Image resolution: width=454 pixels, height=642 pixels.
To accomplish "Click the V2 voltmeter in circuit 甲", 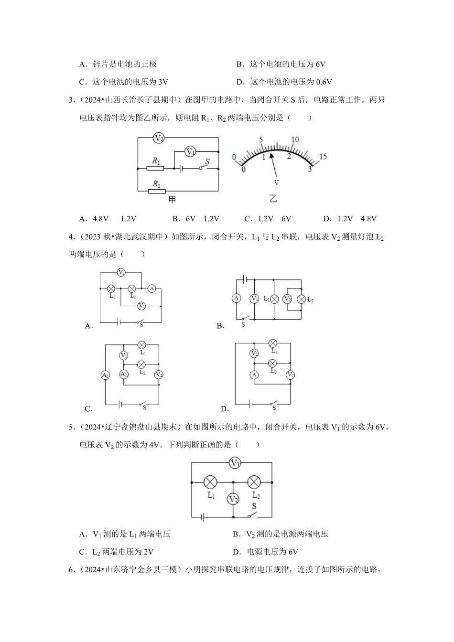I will pyautogui.click(x=159, y=138).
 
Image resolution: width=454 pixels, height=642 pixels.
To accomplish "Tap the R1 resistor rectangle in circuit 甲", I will pyautogui.click(x=156, y=168).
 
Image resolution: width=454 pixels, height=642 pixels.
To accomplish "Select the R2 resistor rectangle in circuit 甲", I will pyautogui.click(x=156, y=191).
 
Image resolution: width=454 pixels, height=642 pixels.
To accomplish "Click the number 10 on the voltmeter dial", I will pyautogui.click(x=295, y=139).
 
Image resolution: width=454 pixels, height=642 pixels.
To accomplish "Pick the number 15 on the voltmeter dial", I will pyautogui.click(x=323, y=157).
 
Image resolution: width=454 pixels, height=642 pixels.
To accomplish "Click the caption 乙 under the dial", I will pyautogui.click(x=273, y=199).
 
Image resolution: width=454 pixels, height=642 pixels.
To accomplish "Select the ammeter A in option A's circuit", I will pyautogui.click(x=152, y=289).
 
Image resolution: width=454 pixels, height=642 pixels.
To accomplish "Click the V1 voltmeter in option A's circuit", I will pyautogui.click(x=141, y=306).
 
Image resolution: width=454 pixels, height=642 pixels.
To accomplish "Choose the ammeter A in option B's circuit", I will pyautogui.click(x=236, y=298).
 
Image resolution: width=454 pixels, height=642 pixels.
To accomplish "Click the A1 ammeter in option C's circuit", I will pyautogui.click(x=105, y=375).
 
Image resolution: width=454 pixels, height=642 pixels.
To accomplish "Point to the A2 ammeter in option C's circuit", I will pyautogui.click(x=124, y=374).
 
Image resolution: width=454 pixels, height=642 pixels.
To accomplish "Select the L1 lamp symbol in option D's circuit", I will pyautogui.click(x=273, y=343).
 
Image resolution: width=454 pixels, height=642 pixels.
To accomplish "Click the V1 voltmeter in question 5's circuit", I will pyautogui.click(x=235, y=462).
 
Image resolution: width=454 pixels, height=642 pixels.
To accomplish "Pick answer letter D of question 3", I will pyautogui.click(x=327, y=219).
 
